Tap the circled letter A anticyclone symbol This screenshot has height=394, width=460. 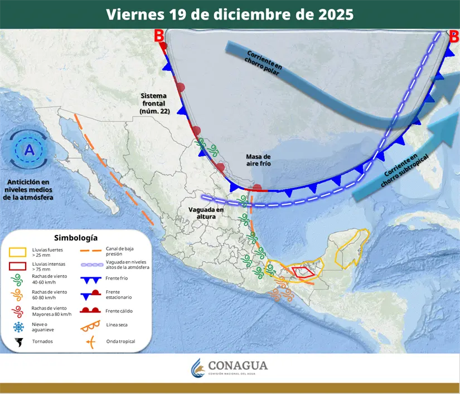(28, 150)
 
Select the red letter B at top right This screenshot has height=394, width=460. (453, 37)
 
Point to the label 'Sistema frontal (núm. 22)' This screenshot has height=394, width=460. (154, 104)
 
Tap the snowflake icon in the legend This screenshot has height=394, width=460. (18, 326)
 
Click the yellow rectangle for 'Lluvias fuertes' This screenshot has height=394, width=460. (18, 252)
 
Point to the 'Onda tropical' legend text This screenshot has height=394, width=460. (120, 342)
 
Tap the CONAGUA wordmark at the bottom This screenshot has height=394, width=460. (238, 366)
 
